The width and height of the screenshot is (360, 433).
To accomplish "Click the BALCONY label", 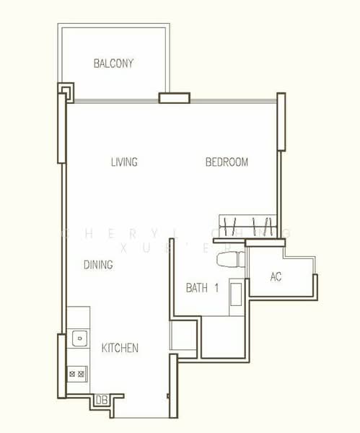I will click(113, 64).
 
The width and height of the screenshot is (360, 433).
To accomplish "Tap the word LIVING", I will click(124, 162).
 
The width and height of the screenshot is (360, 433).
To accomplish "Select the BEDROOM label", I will click(227, 162).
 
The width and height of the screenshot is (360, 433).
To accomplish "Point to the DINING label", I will click(97, 265).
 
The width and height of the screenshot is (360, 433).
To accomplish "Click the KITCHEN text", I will click(120, 349).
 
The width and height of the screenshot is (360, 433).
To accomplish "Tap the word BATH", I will click(196, 288).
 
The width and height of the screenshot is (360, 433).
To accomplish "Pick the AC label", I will click(276, 277).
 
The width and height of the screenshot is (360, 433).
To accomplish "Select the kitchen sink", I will click(77, 337).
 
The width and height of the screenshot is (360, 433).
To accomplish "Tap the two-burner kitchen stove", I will click(76, 374).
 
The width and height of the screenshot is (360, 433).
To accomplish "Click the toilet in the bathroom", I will click(229, 261).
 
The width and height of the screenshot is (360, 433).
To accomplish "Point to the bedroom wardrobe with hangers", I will click(247, 225).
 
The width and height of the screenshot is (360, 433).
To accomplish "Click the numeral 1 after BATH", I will click(216, 288).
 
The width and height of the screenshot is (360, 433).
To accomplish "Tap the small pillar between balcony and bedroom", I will click(174, 98).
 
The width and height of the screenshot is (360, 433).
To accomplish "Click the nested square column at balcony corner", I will click(66, 91).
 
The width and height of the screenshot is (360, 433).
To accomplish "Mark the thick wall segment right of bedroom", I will click(281, 122).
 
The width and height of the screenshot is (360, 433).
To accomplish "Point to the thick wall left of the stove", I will click(62, 365).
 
